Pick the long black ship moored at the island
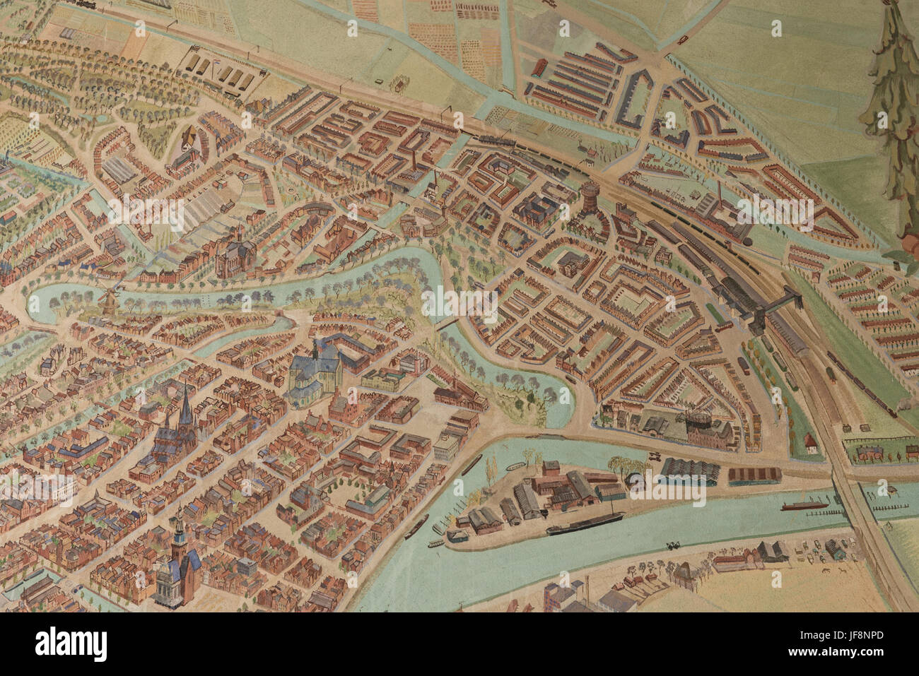point(584,523)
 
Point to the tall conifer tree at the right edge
point(892,113)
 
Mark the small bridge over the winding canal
point(446,323)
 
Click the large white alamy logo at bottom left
point(71,644)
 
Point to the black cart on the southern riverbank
point(672,546)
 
